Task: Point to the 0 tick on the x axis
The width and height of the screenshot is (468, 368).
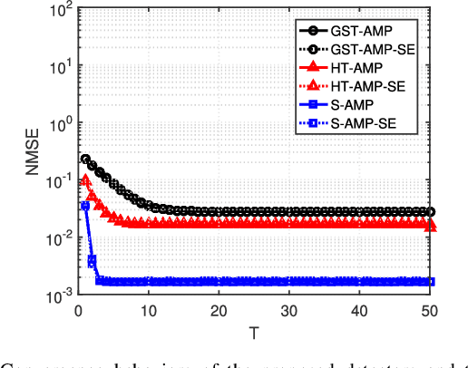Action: (x=77, y=310)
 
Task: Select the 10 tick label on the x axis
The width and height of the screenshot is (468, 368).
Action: (x=148, y=310)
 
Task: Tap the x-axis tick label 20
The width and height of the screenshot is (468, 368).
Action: (x=219, y=310)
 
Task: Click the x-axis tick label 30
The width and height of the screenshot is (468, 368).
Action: (x=289, y=310)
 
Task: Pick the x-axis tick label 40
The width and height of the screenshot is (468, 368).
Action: (x=360, y=310)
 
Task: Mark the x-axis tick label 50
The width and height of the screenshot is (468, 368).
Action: (x=430, y=310)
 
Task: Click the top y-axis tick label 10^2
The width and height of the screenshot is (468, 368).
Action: (x=61, y=11)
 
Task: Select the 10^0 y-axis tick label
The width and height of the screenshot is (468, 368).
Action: (x=61, y=124)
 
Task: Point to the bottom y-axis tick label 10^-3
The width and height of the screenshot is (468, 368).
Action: (x=59, y=295)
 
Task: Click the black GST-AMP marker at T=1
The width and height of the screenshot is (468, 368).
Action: (x=85, y=160)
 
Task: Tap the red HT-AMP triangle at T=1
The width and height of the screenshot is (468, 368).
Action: (x=85, y=180)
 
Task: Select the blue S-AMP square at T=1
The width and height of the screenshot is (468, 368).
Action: (x=85, y=207)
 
